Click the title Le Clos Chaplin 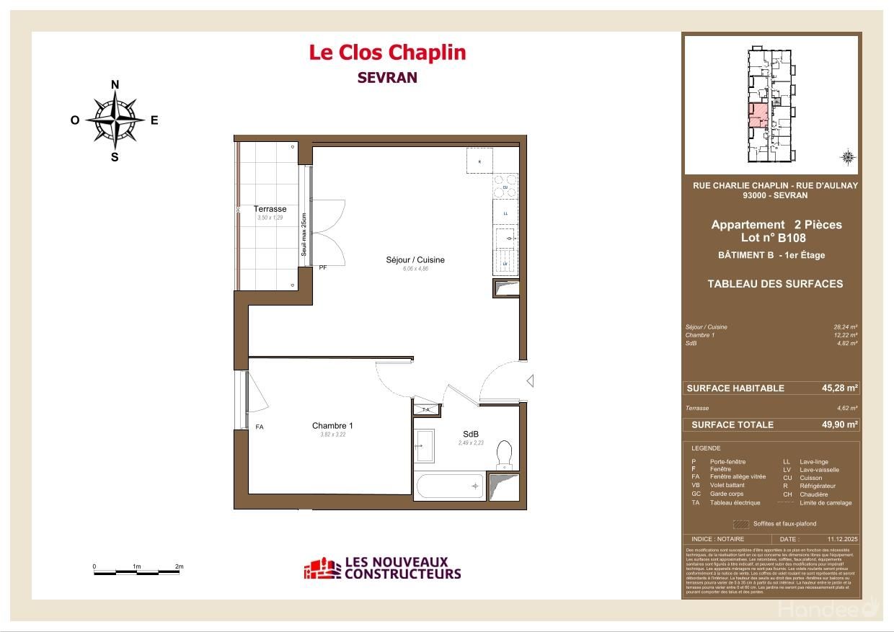tap(387, 53)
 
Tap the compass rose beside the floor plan tap(115, 120)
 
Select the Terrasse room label tap(270, 209)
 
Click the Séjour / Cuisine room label tap(415, 259)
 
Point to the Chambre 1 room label tap(332, 426)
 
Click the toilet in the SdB tap(505, 453)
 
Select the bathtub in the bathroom tap(449, 487)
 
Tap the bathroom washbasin tap(424, 446)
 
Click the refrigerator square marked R tap(479, 161)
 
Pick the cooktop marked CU tap(505, 187)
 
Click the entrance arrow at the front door tap(530, 380)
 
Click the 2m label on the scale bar tap(179, 566)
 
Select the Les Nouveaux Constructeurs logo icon tap(321, 569)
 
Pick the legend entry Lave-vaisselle tap(819, 470)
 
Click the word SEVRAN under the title tap(387, 78)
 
